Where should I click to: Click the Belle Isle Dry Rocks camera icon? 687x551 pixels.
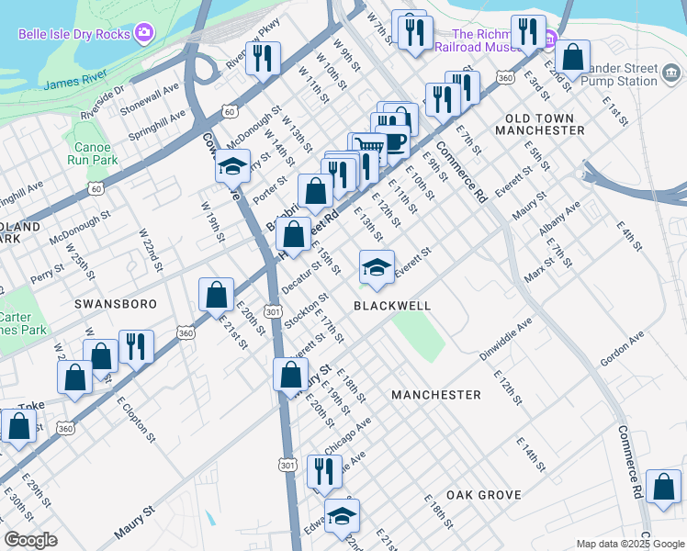tap(143, 35)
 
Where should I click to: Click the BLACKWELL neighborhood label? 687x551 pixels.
tap(392, 305)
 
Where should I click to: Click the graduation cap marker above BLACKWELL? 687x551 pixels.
tap(377, 266)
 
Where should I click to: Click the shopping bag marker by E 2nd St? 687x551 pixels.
tap(573, 57)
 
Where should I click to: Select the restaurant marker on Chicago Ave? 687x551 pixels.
tap(323, 470)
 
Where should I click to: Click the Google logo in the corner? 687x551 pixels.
tap(30, 540)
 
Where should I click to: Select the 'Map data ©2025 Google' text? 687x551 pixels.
tap(630, 544)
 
